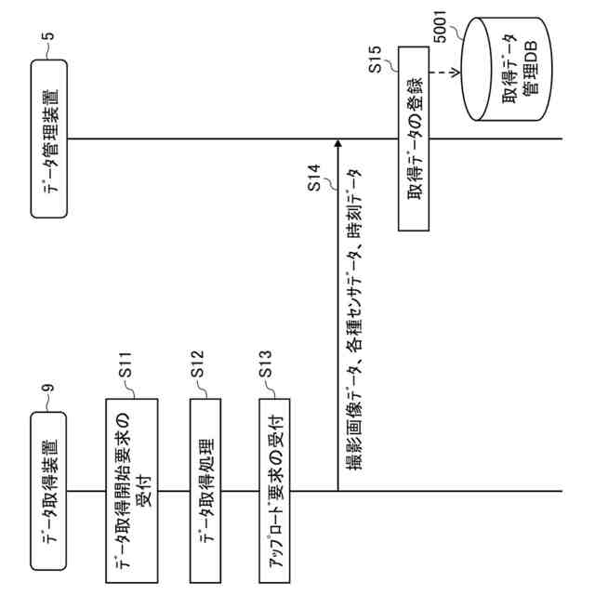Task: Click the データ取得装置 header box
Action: [52, 491]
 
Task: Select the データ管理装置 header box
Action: [52, 139]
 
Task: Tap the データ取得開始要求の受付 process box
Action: [131, 491]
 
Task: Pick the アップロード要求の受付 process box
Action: [275, 491]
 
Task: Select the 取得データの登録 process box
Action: [415, 139]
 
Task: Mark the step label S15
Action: [377, 71]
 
